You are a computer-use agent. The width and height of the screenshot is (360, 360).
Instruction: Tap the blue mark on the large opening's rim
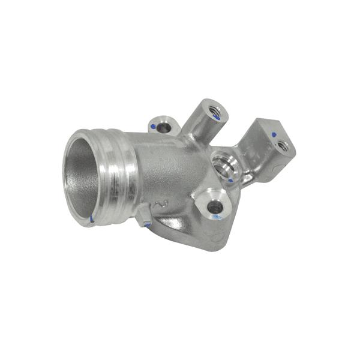point(92,219)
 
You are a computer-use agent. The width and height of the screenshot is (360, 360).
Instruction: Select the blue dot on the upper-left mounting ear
point(154,127)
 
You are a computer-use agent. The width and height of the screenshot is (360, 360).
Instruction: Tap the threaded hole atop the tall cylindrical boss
point(214,110)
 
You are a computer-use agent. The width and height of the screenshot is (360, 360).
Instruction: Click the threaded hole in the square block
point(283,145)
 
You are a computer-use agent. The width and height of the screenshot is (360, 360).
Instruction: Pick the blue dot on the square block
point(274,134)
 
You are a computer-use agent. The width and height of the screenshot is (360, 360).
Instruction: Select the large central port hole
point(224,163)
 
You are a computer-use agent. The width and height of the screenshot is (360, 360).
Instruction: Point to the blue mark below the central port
point(231,179)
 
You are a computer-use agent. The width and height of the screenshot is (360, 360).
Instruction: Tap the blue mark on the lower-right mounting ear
point(214,217)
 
